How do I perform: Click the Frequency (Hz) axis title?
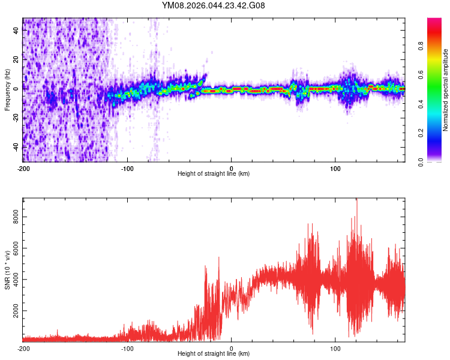8,90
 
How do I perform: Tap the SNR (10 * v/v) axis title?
8,270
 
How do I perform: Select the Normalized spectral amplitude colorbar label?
446,90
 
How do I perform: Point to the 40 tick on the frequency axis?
17,31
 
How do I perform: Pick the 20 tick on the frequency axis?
17,60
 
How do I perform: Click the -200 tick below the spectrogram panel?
23,168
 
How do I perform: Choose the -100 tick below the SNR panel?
127,348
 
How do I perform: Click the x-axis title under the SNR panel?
214,354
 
